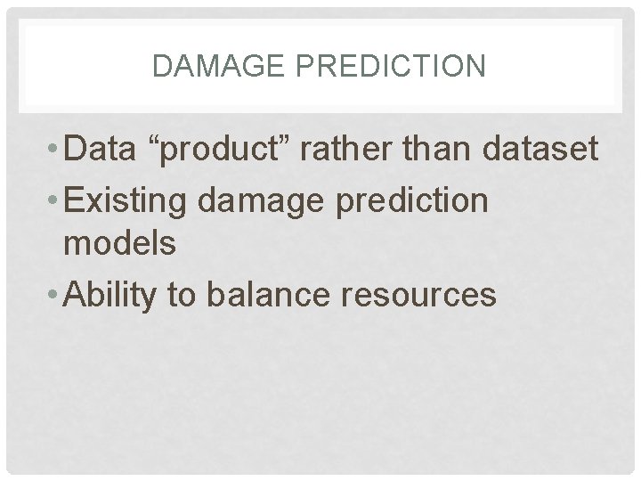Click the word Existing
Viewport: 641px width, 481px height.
(x=130, y=201)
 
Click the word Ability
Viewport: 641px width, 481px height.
(x=114, y=294)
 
